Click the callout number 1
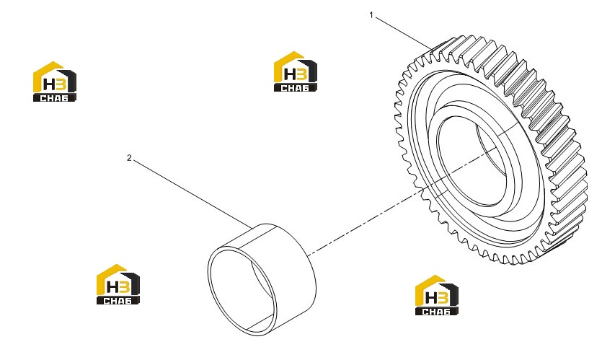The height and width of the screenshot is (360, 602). pos(371,15)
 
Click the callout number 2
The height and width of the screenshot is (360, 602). pos(129,158)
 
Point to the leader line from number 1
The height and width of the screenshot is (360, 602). pos(403,33)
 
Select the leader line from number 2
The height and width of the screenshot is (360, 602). pos(192,194)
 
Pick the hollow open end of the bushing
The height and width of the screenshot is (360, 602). pos(242,291)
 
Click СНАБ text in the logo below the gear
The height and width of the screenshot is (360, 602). pos(436,312)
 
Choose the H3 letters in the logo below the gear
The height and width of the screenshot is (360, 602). pos(436,297)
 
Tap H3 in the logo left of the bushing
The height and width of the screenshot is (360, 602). pos(118,286)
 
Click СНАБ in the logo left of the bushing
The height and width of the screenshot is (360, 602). pos(118,301)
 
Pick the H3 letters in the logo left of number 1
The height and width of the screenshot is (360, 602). pos(296,74)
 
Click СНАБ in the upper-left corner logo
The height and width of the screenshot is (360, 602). pos(55,98)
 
